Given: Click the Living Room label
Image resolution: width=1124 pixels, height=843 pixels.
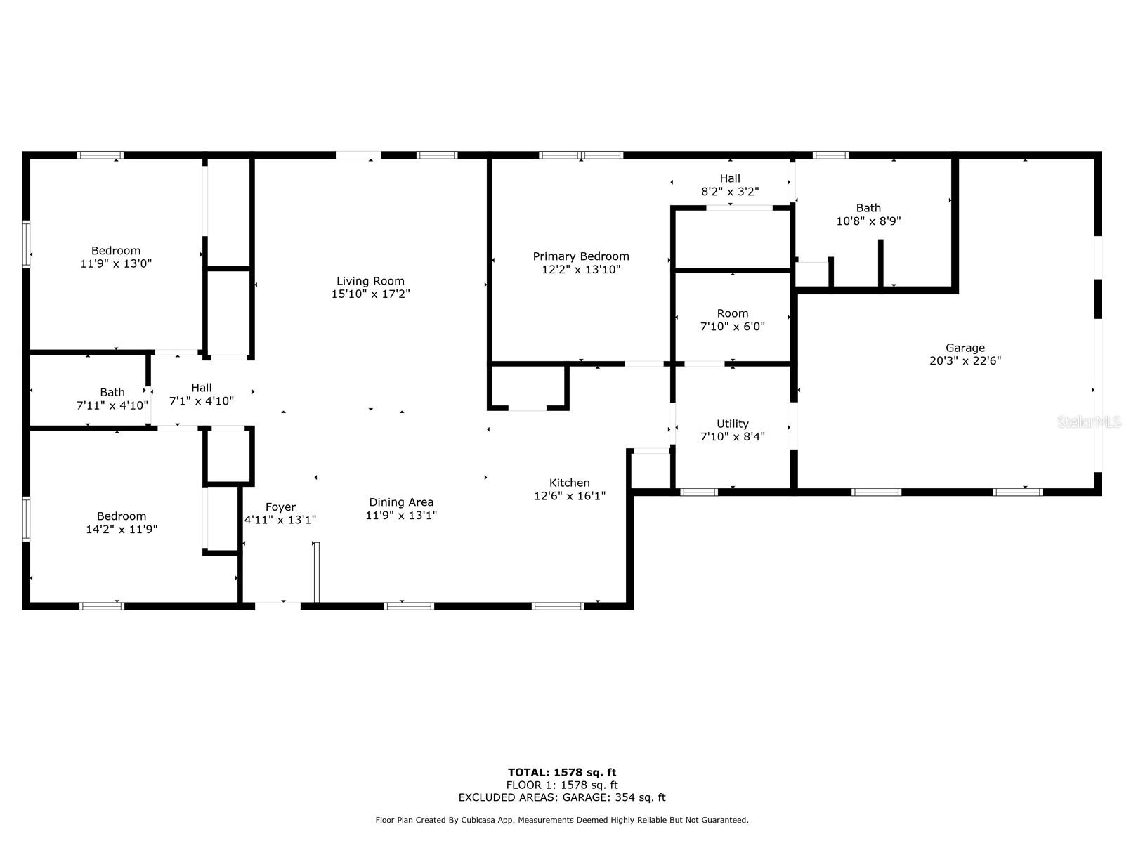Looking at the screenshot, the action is [x=370, y=281].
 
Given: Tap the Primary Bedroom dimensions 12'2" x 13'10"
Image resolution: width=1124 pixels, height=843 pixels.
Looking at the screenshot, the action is [x=581, y=270].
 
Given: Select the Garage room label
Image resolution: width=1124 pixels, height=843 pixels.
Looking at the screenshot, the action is [x=965, y=348].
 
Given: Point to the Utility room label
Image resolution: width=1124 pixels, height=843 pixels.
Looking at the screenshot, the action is [x=732, y=424].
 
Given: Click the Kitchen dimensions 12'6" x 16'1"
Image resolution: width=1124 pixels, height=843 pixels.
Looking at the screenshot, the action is [x=570, y=496].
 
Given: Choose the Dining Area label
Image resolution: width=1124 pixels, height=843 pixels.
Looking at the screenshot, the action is [x=401, y=502].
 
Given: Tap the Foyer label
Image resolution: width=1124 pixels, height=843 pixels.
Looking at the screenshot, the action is [x=280, y=507].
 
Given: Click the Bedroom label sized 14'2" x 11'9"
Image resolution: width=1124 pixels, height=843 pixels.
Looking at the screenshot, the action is [x=122, y=516].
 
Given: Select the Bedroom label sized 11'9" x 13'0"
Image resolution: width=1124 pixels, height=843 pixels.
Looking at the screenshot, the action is [x=116, y=251].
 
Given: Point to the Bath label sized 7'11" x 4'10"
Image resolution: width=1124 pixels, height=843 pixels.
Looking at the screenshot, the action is [x=112, y=393].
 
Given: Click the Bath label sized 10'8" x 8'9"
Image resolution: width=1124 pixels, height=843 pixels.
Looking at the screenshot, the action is [x=868, y=209].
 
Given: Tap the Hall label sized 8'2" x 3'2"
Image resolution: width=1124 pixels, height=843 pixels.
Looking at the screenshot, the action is [x=730, y=178].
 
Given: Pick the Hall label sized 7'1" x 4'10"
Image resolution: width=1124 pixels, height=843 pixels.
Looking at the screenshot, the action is [x=201, y=388].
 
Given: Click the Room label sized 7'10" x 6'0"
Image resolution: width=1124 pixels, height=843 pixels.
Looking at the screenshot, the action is [x=732, y=314].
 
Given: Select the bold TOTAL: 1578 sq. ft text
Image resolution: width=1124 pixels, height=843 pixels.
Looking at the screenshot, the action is [x=562, y=772].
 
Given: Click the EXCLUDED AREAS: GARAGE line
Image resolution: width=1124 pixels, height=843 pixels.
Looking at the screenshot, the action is [x=562, y=797].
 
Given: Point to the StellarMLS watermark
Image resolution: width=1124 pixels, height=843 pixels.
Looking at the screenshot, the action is [x=1089, y=422].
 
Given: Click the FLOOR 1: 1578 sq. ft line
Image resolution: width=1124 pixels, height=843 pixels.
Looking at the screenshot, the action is [x=562, y=785].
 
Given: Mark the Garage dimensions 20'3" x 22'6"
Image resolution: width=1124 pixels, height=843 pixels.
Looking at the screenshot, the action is [x=965, y=361].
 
